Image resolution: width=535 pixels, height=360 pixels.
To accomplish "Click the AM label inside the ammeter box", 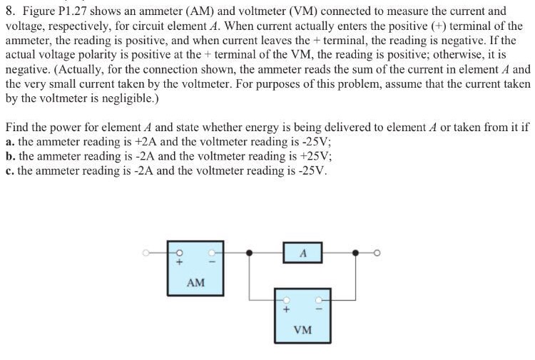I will coord(195,283).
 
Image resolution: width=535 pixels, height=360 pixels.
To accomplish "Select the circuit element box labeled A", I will coord(302,252).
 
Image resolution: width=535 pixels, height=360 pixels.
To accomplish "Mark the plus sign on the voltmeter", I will coord(287,310).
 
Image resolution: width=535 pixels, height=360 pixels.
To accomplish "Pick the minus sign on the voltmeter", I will coord(319,310).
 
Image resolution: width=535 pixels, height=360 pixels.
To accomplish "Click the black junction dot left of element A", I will coord(249,252).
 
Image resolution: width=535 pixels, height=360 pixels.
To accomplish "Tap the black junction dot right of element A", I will coord(355,252).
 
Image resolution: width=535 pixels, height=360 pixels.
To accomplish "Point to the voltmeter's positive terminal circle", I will coord(287,299).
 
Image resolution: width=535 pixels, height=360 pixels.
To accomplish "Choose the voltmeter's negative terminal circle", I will coord(319,299).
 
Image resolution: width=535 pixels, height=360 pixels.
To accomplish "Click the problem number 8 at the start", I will coord(10,11).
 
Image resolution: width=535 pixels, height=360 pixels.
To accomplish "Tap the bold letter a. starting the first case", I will coord(9,142).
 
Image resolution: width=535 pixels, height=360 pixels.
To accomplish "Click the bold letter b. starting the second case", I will coord(10,156).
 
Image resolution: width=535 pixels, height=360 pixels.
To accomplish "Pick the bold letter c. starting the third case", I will coord(9,171).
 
